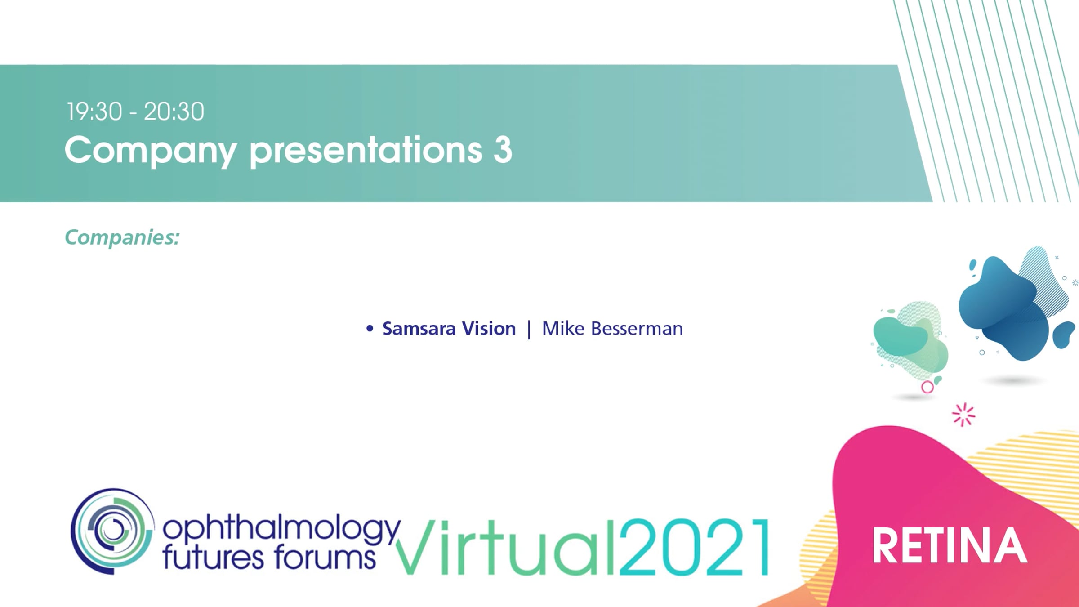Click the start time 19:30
point(94,112)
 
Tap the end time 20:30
point(174,112)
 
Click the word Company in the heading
point(151,151)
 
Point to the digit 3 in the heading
point(503,150)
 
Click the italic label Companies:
point(122,237)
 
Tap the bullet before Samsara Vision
point(370,329)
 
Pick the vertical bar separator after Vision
point(529,330)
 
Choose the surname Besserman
point(637,329)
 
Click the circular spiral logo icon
point(112,531)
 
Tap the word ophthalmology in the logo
point(281,530)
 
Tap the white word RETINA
point(950,546)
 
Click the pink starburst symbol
point(963,415)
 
